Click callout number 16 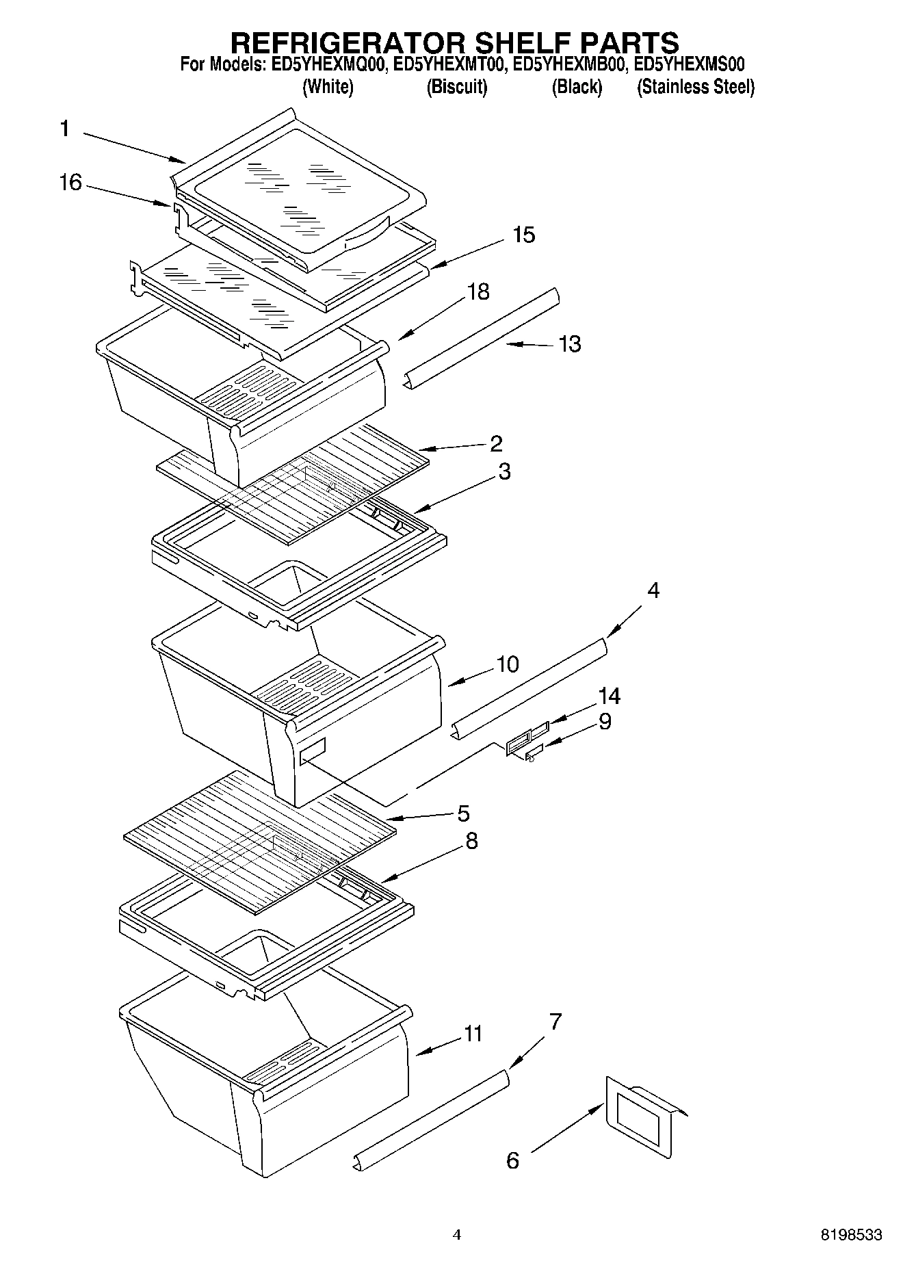click(x=70, y=183)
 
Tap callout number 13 click(x=569, y=343)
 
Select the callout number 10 click(x=508, y=664)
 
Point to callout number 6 click(x=512, y=1160)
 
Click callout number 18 click(x=478, y=291)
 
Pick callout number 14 click(x=609, y=696)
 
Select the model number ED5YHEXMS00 click(x=689, y=65)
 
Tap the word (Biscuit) click(x=456, y=88)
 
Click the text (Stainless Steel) click(x=696, y=88)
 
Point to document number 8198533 click(x=851, y=1235)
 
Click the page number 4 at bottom click(x=457, y=1235)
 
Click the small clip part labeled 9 click(x=533, y=753)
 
